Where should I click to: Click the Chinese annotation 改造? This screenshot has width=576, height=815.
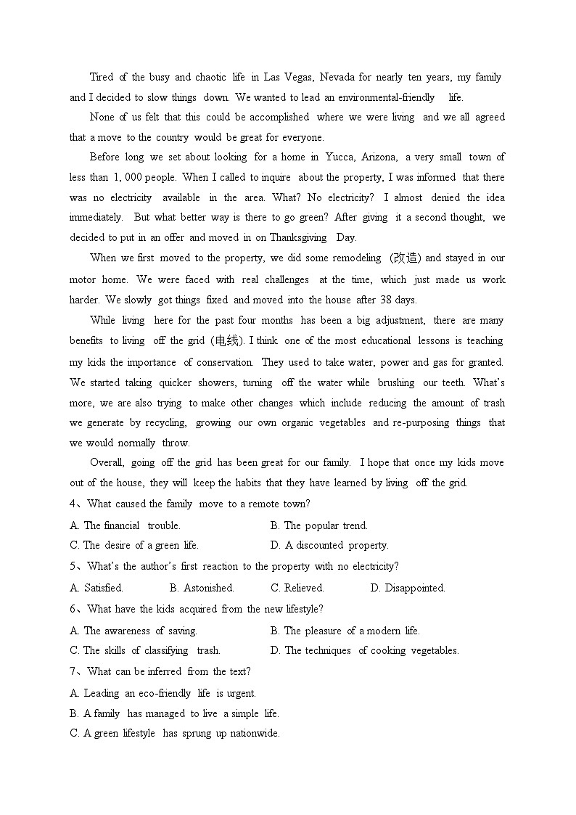(x=404, y=258)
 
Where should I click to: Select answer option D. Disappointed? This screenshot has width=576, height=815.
(x=408, y=588)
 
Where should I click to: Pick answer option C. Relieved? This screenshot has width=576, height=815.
(x=297, y=588)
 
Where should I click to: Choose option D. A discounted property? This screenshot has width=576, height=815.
(x=329, y=545)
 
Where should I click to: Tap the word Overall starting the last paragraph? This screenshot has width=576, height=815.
(x=107, y=462)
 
